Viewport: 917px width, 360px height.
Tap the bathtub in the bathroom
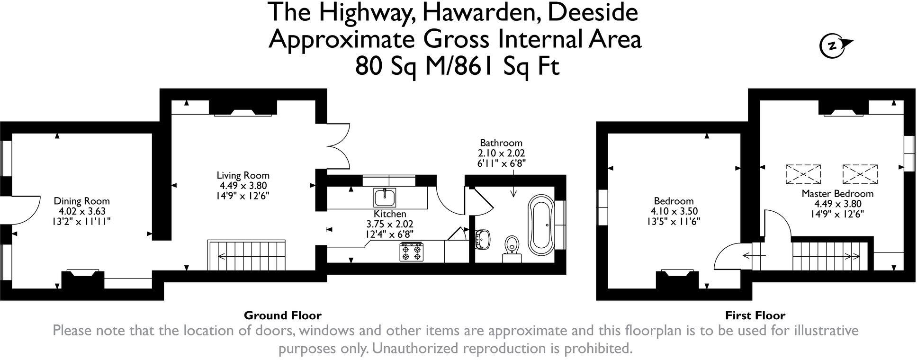pos(540,226)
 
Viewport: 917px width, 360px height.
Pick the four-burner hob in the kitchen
pos(411,252)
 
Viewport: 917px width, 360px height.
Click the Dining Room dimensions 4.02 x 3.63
pos(81,211)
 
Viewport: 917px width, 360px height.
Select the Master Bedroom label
pos(837,194)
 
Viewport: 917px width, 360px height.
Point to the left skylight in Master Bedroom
pos(803,174)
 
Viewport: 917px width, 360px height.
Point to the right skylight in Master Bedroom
pos(860,174)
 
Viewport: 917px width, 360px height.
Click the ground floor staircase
pos(247,255)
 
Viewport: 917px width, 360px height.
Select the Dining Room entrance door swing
pos(21,210)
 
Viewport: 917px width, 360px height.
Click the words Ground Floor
pos(282,315)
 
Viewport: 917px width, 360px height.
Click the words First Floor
pos(755,315)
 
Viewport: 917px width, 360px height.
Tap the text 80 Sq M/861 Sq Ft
pos(458,66)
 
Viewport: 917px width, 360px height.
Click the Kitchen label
pos(389,214)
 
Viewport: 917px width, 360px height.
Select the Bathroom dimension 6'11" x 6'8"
pos(501,163)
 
